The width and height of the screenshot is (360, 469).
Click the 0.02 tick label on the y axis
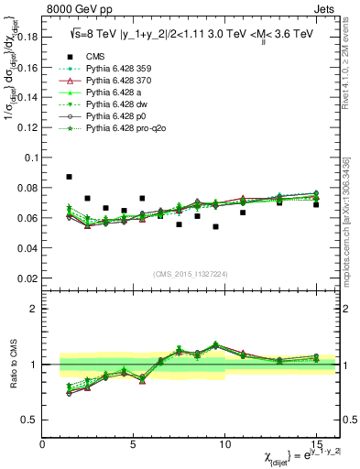pyautogui.click(x=28, y=278)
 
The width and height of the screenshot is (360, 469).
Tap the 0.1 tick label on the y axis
pyautogui.click(x=32, y=158)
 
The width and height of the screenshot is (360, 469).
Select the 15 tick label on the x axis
pyautogui.click(x=315, y=444)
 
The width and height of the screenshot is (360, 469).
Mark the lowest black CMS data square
pyautogui.click(x=215, y=226)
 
